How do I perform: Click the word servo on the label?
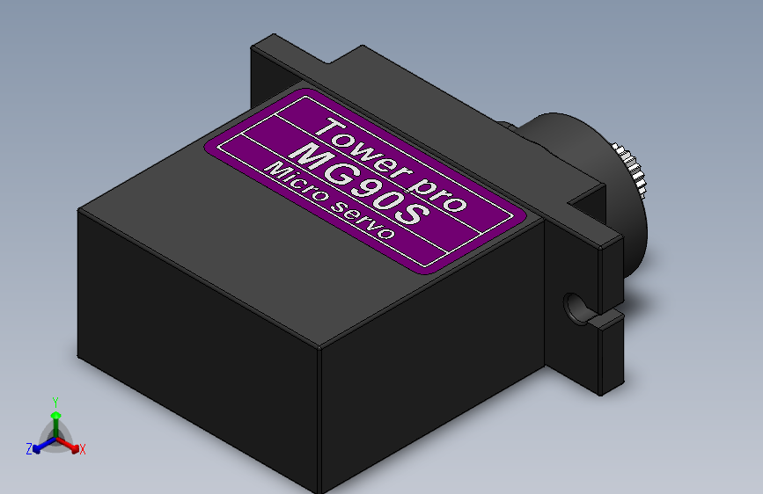pyautogui.click(x=363, y=220)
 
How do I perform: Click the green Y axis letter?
pyautogui.click(x=55, y=403)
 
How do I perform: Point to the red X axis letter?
pyautogui.click(x=82, y=449)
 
